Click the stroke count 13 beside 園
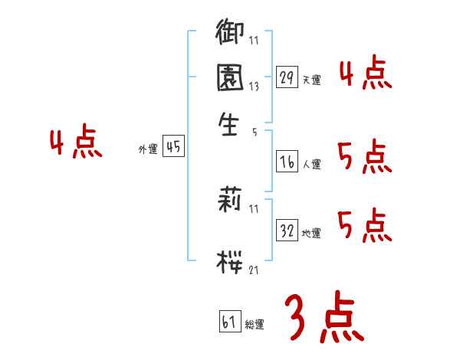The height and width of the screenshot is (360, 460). [254, 87]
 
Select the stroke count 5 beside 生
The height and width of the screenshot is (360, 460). [254, 132]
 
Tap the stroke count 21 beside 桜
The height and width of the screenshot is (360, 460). [254, 269]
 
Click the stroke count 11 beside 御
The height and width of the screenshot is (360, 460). [254, 40]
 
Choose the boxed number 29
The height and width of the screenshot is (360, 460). [287, 78]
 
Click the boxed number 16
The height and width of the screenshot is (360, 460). [287, 162]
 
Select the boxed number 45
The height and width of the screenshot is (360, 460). [174, 148]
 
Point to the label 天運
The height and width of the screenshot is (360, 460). [311, 80]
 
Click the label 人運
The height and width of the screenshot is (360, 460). [311, 164]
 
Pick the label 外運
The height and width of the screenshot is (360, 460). [147, 150]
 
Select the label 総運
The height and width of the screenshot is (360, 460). [255, 324]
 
